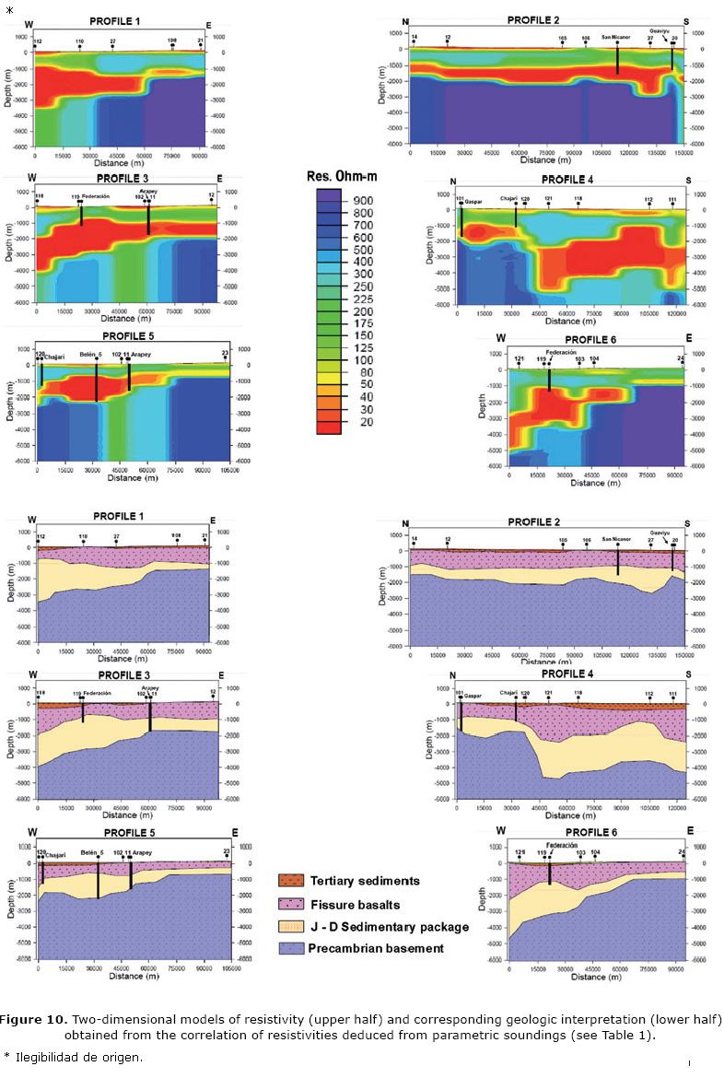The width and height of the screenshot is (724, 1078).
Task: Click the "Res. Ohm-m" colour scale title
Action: click(x=345, y=176)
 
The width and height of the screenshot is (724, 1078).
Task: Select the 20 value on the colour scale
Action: click(x=356, y=422)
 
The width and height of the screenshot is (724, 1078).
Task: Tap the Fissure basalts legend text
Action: click(x=352, y=905)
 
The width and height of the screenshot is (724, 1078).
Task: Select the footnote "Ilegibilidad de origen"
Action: click(x=78, y=1056)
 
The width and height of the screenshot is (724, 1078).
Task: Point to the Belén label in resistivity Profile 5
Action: click(x=88, y=353)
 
